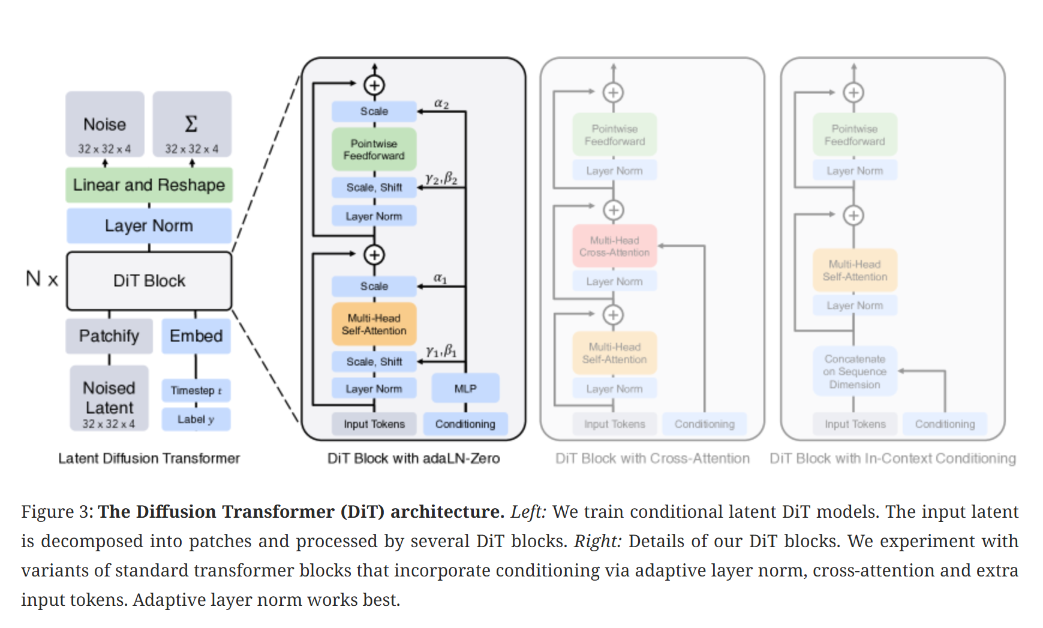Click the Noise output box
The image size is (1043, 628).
tap(105, 124)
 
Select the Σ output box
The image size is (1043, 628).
tap(192, 124)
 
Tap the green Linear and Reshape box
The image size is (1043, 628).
tap(149, 185)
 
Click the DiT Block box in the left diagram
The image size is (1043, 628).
tap(149, 280)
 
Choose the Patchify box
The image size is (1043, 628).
tap(109, 336)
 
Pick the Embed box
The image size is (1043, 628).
tap(196, 336)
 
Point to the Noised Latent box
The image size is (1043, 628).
tap(109, 398)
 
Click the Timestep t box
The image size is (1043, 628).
tap(196, 390)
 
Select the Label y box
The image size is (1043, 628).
tap(196, 419)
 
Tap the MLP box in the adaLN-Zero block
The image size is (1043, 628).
tap(465, 388)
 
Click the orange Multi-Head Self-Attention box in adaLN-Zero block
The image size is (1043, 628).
tap(374, 324)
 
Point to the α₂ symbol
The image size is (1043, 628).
tap(441, 103)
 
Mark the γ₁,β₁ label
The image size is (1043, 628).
tap(441, 351)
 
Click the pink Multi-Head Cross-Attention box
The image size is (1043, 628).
tap(615, 246)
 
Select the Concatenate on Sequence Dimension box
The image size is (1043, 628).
tap(855, 372)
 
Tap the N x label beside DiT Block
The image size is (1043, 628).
tap(42, 279)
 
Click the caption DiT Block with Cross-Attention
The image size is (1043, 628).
tap(653, 458)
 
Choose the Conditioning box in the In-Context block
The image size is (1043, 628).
tap(945, 424)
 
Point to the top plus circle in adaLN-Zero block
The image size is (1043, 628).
tap(374, 85)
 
